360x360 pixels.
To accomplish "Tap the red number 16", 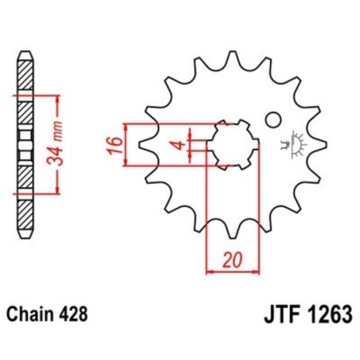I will pyautogui.click(x=115, y=145).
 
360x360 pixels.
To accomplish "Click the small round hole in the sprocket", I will pyautogui.click(x=273, y=120).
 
